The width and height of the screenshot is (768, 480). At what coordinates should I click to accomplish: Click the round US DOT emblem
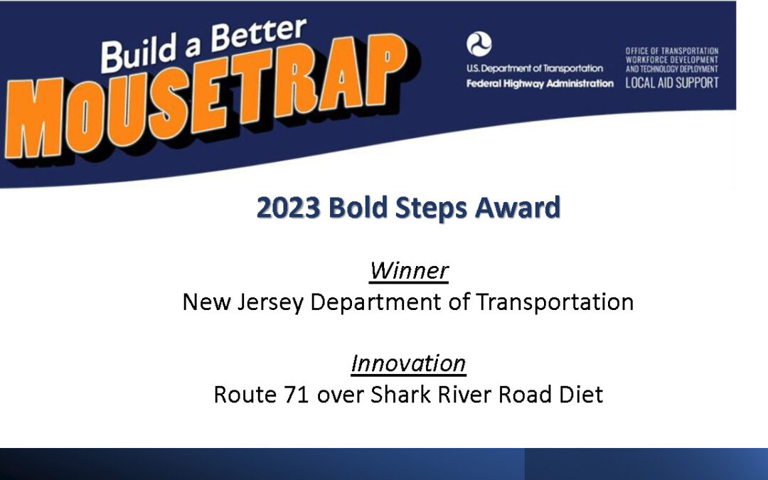tap(479, 45)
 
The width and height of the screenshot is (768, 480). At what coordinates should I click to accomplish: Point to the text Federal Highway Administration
tap(540, 84)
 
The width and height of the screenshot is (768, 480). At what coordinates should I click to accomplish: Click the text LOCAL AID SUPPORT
tap(672, 82)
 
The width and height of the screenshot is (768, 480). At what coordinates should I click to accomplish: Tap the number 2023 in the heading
tap(288, 207)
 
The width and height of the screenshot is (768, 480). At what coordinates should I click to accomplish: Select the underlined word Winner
tap(409, 270)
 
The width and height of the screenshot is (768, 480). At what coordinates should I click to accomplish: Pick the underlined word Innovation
tap(408, 363)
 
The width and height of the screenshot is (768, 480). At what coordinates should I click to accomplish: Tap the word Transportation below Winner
tap(555, 302)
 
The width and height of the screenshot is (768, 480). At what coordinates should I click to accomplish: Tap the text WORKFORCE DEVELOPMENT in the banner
tap(671, 60)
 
